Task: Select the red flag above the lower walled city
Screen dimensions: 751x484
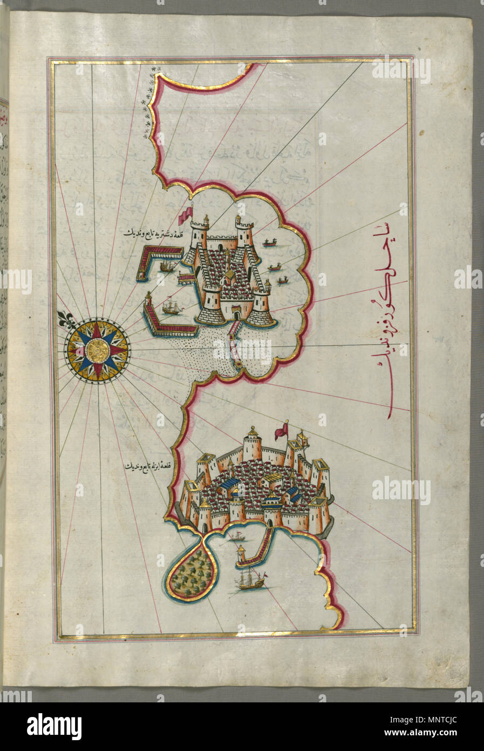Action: click(281, 431)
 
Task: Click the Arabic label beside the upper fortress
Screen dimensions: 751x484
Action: click(149, 233)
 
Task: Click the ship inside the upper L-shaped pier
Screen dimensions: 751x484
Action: click(167, 267)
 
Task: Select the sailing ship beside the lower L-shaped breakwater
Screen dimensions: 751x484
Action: click(171, 308)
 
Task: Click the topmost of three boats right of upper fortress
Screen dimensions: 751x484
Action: click(270, 244)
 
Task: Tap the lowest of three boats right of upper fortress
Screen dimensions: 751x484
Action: click(281, 280)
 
